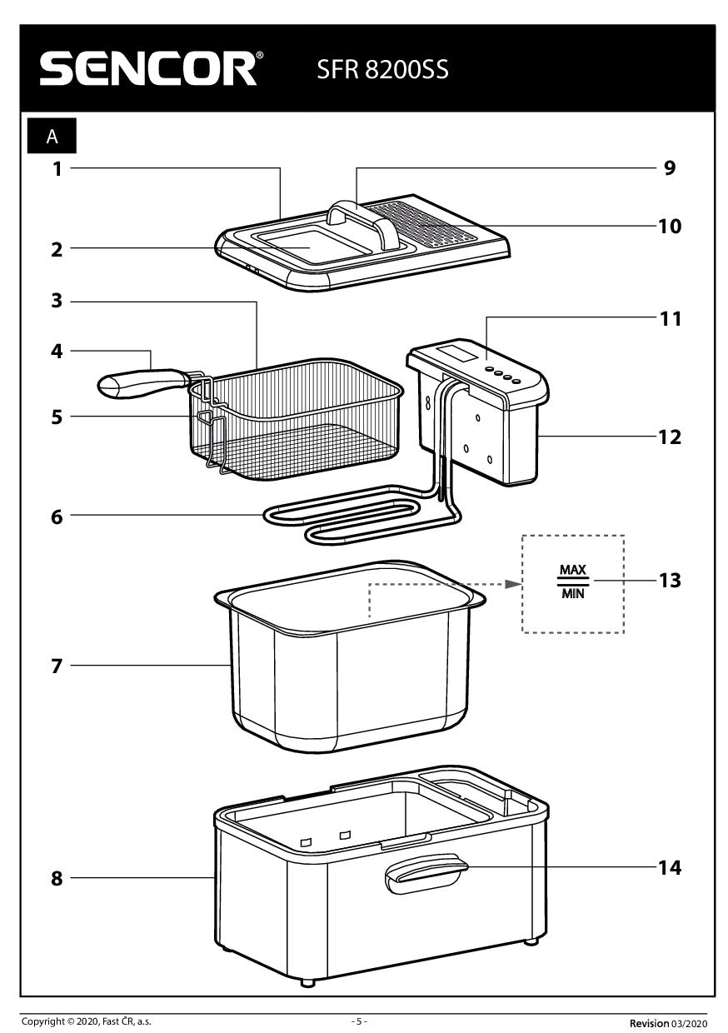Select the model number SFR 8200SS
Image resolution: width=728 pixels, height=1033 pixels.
click(382, 69)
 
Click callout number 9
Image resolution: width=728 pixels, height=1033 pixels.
click(669, 168)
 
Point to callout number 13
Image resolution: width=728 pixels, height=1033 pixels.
click(670, 580)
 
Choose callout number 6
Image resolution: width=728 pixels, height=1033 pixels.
click(57, 516)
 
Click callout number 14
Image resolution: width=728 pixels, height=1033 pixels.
click(670, 867)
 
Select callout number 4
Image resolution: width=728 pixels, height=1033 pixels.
click(57, 352)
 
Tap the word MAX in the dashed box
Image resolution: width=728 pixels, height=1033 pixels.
click(572, 571)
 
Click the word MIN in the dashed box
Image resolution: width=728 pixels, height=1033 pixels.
click(572, 594)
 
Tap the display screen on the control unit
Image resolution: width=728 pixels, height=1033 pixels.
click(461, 353)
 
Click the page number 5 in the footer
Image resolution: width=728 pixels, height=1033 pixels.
click(359, 1021)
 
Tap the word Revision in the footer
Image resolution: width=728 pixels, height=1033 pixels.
click(649, 1022)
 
